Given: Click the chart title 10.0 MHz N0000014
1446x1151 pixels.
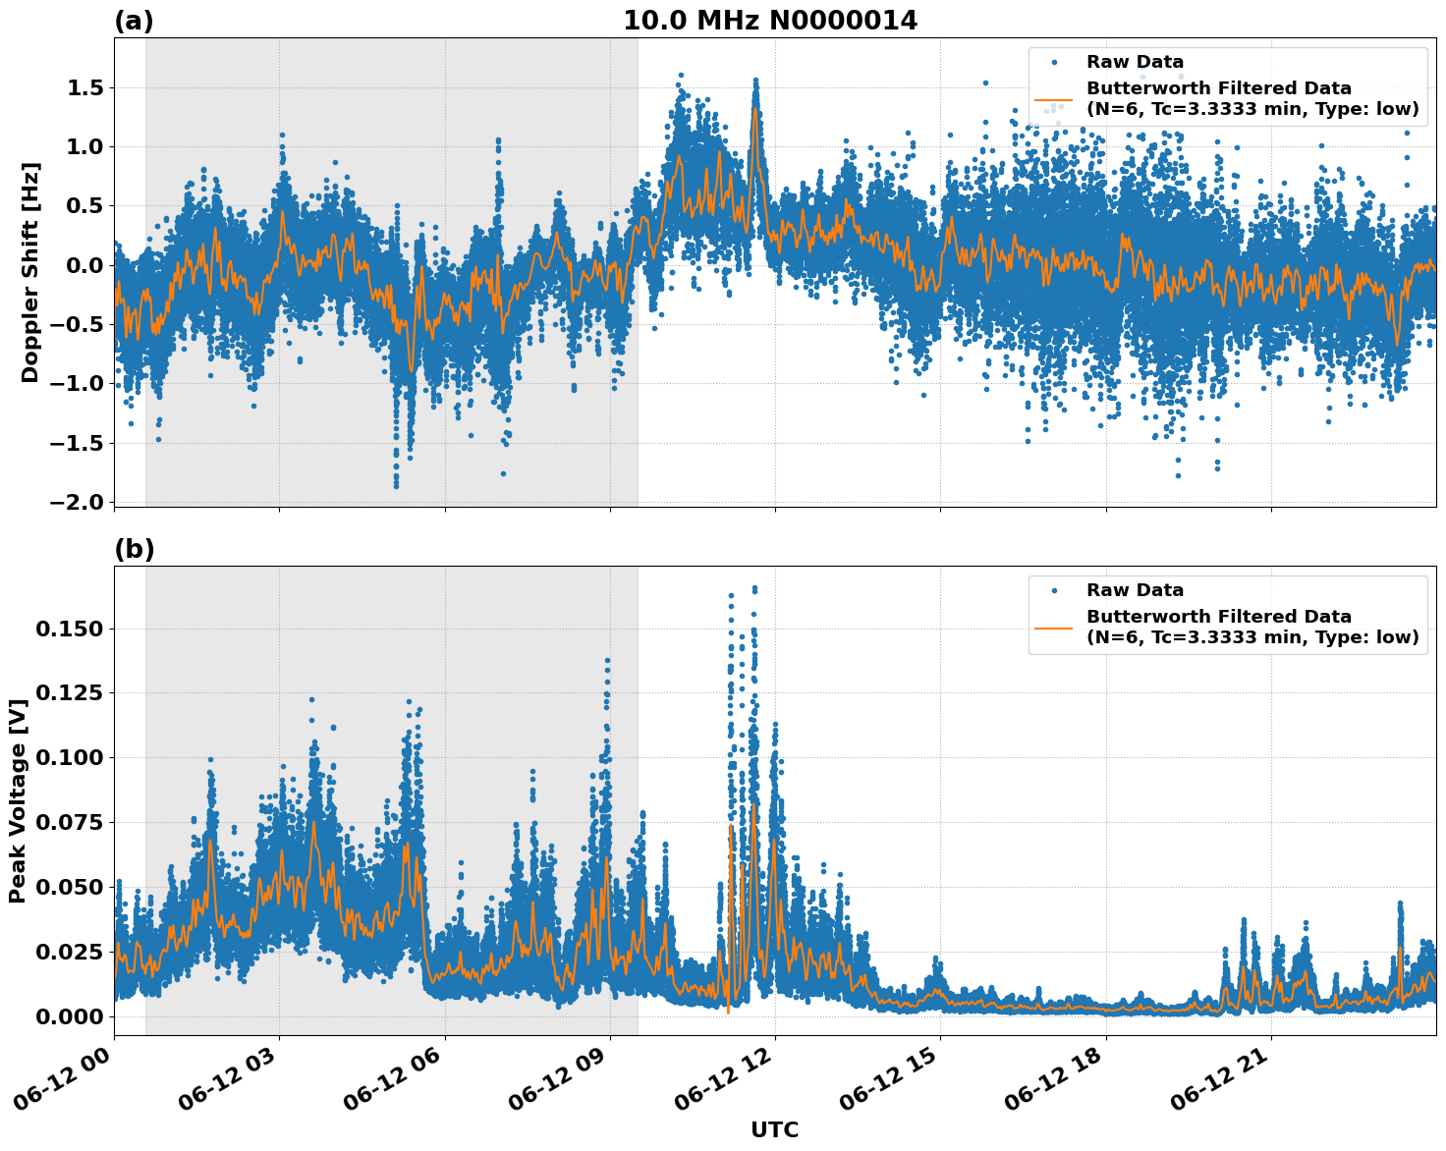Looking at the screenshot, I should (769, 21).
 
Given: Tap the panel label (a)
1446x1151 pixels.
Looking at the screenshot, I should (134, 21).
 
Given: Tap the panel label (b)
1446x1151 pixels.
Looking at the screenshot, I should (134, 549).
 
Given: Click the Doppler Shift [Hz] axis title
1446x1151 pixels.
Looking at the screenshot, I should (30, 272).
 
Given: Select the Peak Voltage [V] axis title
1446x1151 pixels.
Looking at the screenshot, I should (17, 800).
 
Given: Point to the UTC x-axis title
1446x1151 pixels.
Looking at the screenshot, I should (774, 1129).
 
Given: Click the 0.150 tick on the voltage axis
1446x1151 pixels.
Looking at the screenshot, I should (69, 629).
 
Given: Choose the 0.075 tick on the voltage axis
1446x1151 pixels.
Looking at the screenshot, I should (69, 822).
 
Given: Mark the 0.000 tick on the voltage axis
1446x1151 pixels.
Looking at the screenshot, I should (69, 1016).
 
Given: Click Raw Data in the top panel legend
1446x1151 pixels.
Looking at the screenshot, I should (1135, 62).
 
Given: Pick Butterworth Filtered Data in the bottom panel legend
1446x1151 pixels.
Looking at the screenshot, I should (1218, 617).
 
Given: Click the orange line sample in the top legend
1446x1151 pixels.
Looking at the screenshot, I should (1054, 99).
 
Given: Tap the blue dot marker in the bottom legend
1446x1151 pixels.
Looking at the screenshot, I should (1054, 590).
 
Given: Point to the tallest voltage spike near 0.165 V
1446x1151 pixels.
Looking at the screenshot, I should (754, 588).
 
